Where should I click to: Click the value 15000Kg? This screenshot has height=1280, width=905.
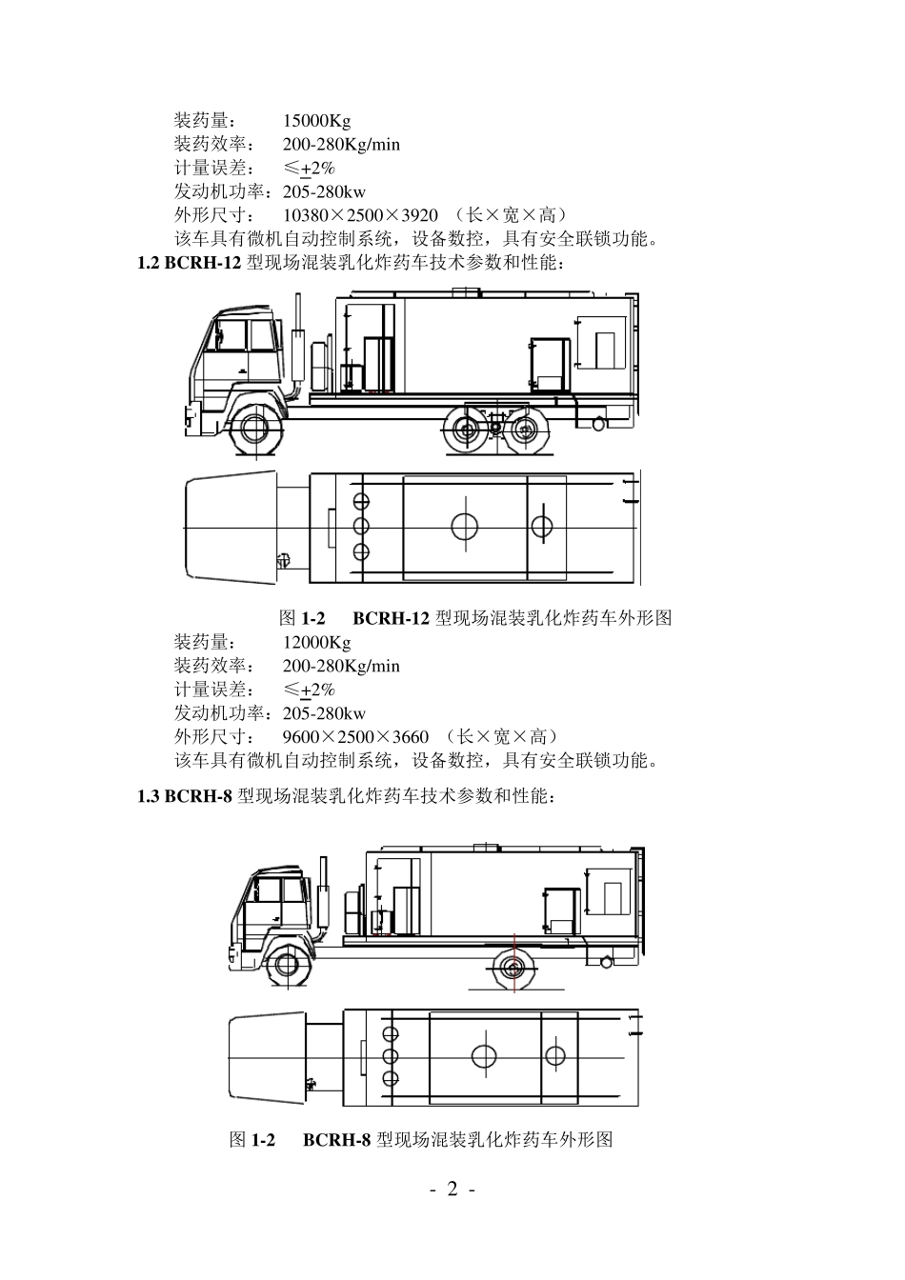tap(316, 121)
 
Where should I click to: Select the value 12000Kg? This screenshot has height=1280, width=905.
tap(316, 643)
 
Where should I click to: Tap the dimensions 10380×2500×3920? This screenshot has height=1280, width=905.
tap(360, 214)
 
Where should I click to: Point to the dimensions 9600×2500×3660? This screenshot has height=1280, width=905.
tap(355, 736)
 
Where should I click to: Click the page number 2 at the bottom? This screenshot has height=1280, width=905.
tap(452, 1189)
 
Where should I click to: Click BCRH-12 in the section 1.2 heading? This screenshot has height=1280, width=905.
tap(202, 263)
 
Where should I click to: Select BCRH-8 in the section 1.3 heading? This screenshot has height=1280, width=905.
tap(198, 796)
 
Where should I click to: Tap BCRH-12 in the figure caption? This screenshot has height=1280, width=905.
tap(392, 618)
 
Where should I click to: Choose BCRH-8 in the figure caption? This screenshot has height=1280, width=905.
tap(336, 1140)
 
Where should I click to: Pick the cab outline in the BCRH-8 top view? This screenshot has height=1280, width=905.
tap(268, 1057)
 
